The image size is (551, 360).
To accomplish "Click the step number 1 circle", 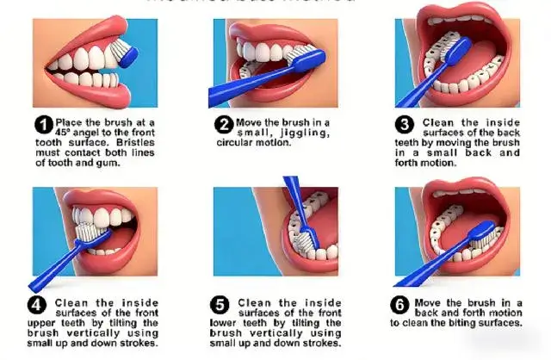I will coord(43,123).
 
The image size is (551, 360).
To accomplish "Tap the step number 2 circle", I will coord(222,123).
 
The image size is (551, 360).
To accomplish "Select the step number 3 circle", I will coord(405,123).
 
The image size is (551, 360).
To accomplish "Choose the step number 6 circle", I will coord(399,303).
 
